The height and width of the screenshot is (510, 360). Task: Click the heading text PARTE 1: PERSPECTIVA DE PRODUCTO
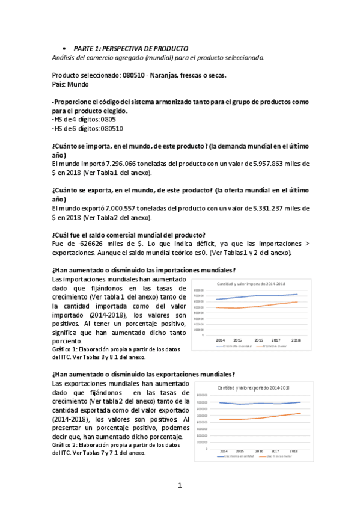coord(130,48)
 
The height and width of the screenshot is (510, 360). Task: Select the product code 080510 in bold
coord(136,76)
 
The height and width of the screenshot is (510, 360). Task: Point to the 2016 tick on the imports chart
coord(258,340)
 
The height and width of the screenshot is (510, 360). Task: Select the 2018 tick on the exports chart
coord(294,450)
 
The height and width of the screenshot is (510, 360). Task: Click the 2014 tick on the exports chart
coord(224,450)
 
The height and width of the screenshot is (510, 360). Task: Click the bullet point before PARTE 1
coord(63,48)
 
